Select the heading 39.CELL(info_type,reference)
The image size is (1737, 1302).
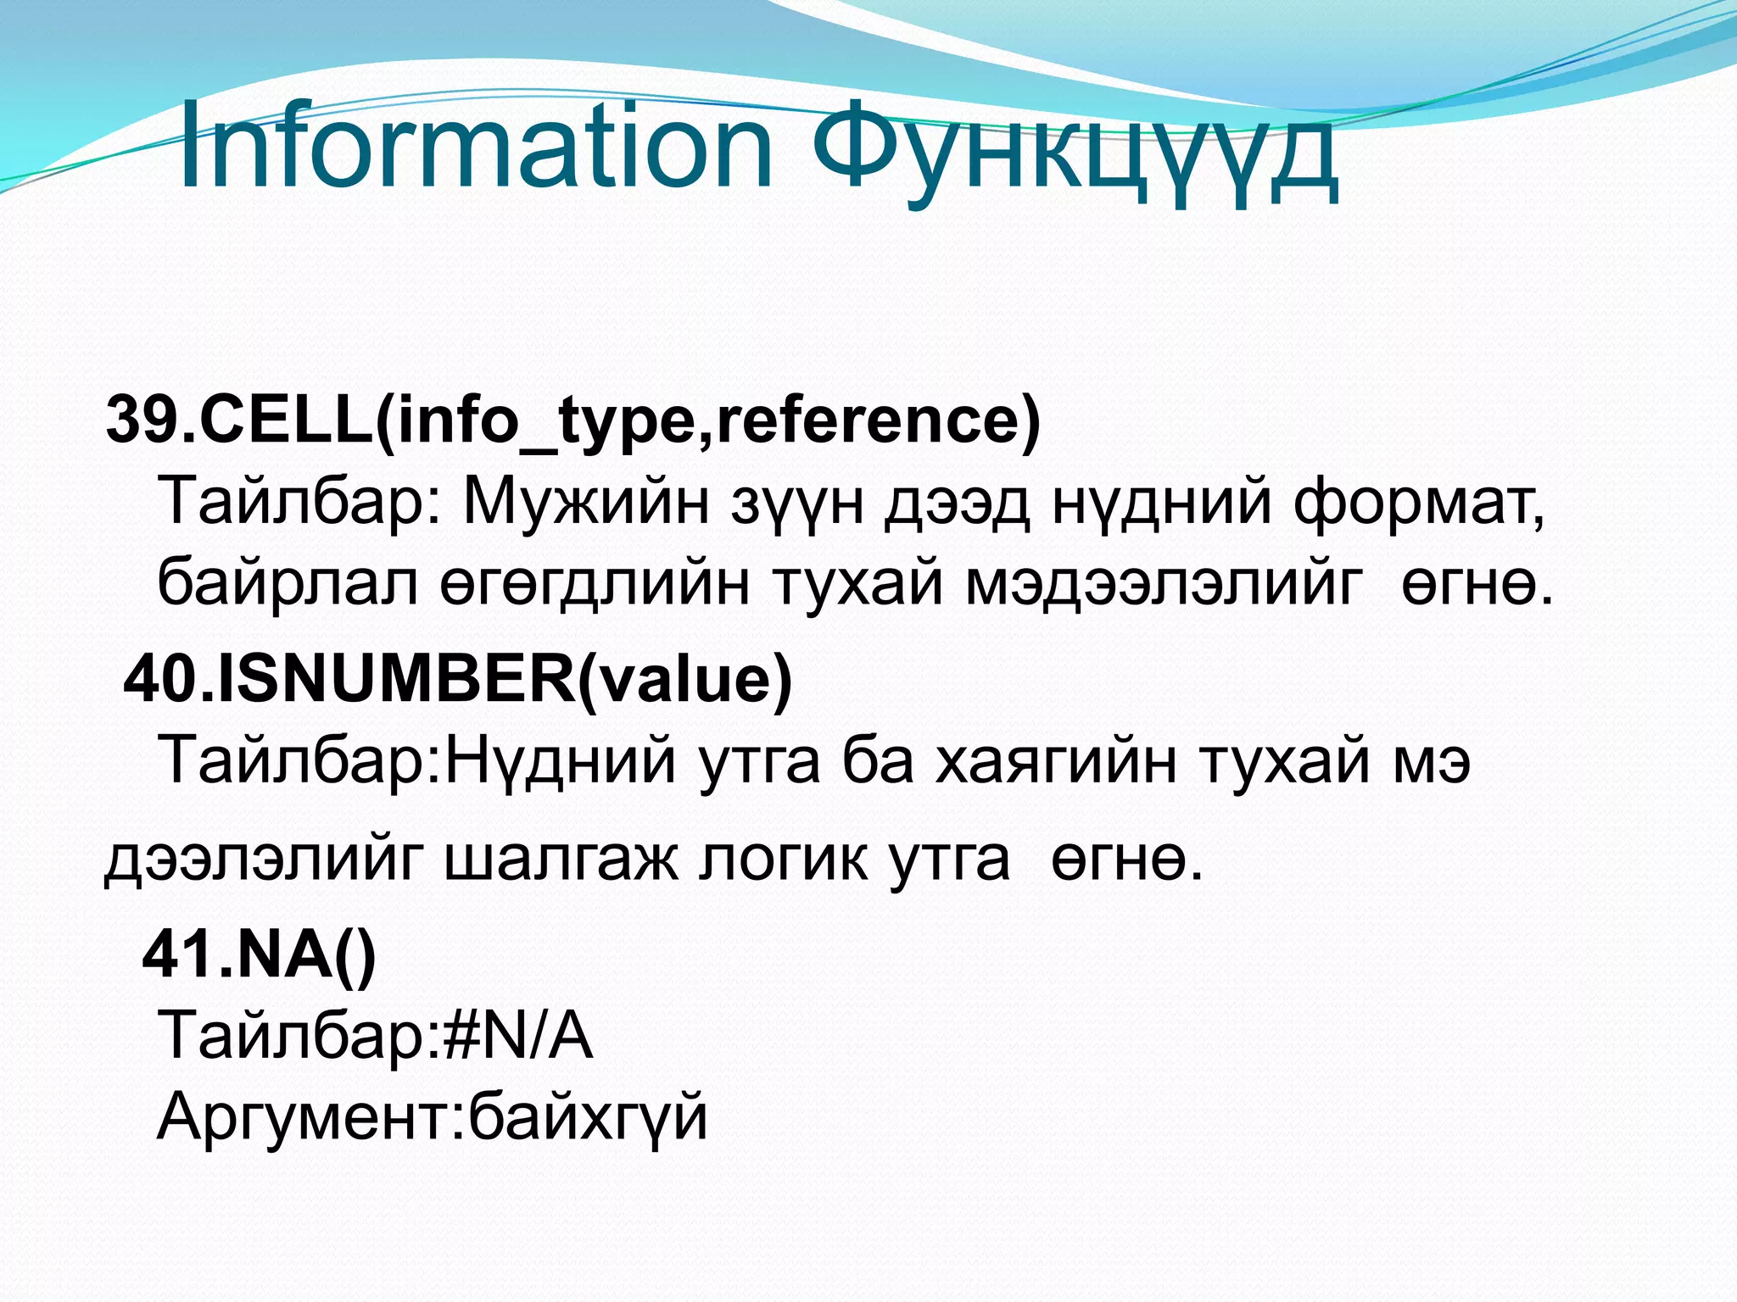(572, 420)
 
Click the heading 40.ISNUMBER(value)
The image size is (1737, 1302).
(458, 679)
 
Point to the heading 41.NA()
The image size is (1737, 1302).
(259, 954)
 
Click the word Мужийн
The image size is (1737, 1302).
(585, 502)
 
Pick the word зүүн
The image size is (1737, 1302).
(798, 502)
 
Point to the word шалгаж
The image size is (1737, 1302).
(561, 860)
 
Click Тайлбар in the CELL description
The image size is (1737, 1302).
(289, 502)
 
